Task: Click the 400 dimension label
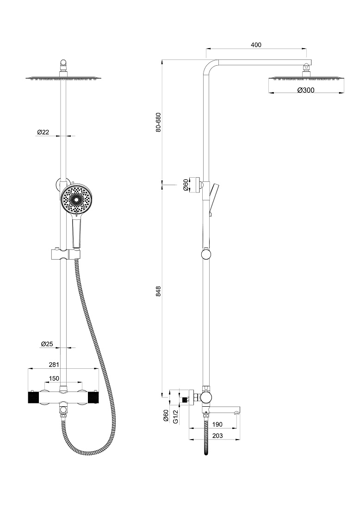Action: tap(256, 45)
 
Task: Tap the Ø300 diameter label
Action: tap(306, 90)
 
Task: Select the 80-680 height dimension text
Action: tap(158, 122)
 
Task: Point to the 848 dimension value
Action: tap(158, 291)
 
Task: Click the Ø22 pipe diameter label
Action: tap(43, 132)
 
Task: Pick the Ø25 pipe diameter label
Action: tap(47, 344)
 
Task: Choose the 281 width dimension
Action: tap(54, 365)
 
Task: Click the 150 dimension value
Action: tap(54, 378)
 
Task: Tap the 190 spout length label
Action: tap(217, 425)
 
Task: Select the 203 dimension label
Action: tap(217, 435)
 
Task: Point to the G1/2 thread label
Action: tap(176, 416)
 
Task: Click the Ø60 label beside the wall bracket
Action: tap(186, 185)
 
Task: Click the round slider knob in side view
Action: tap(206, 254)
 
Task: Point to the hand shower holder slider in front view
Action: tap(64, 254)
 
